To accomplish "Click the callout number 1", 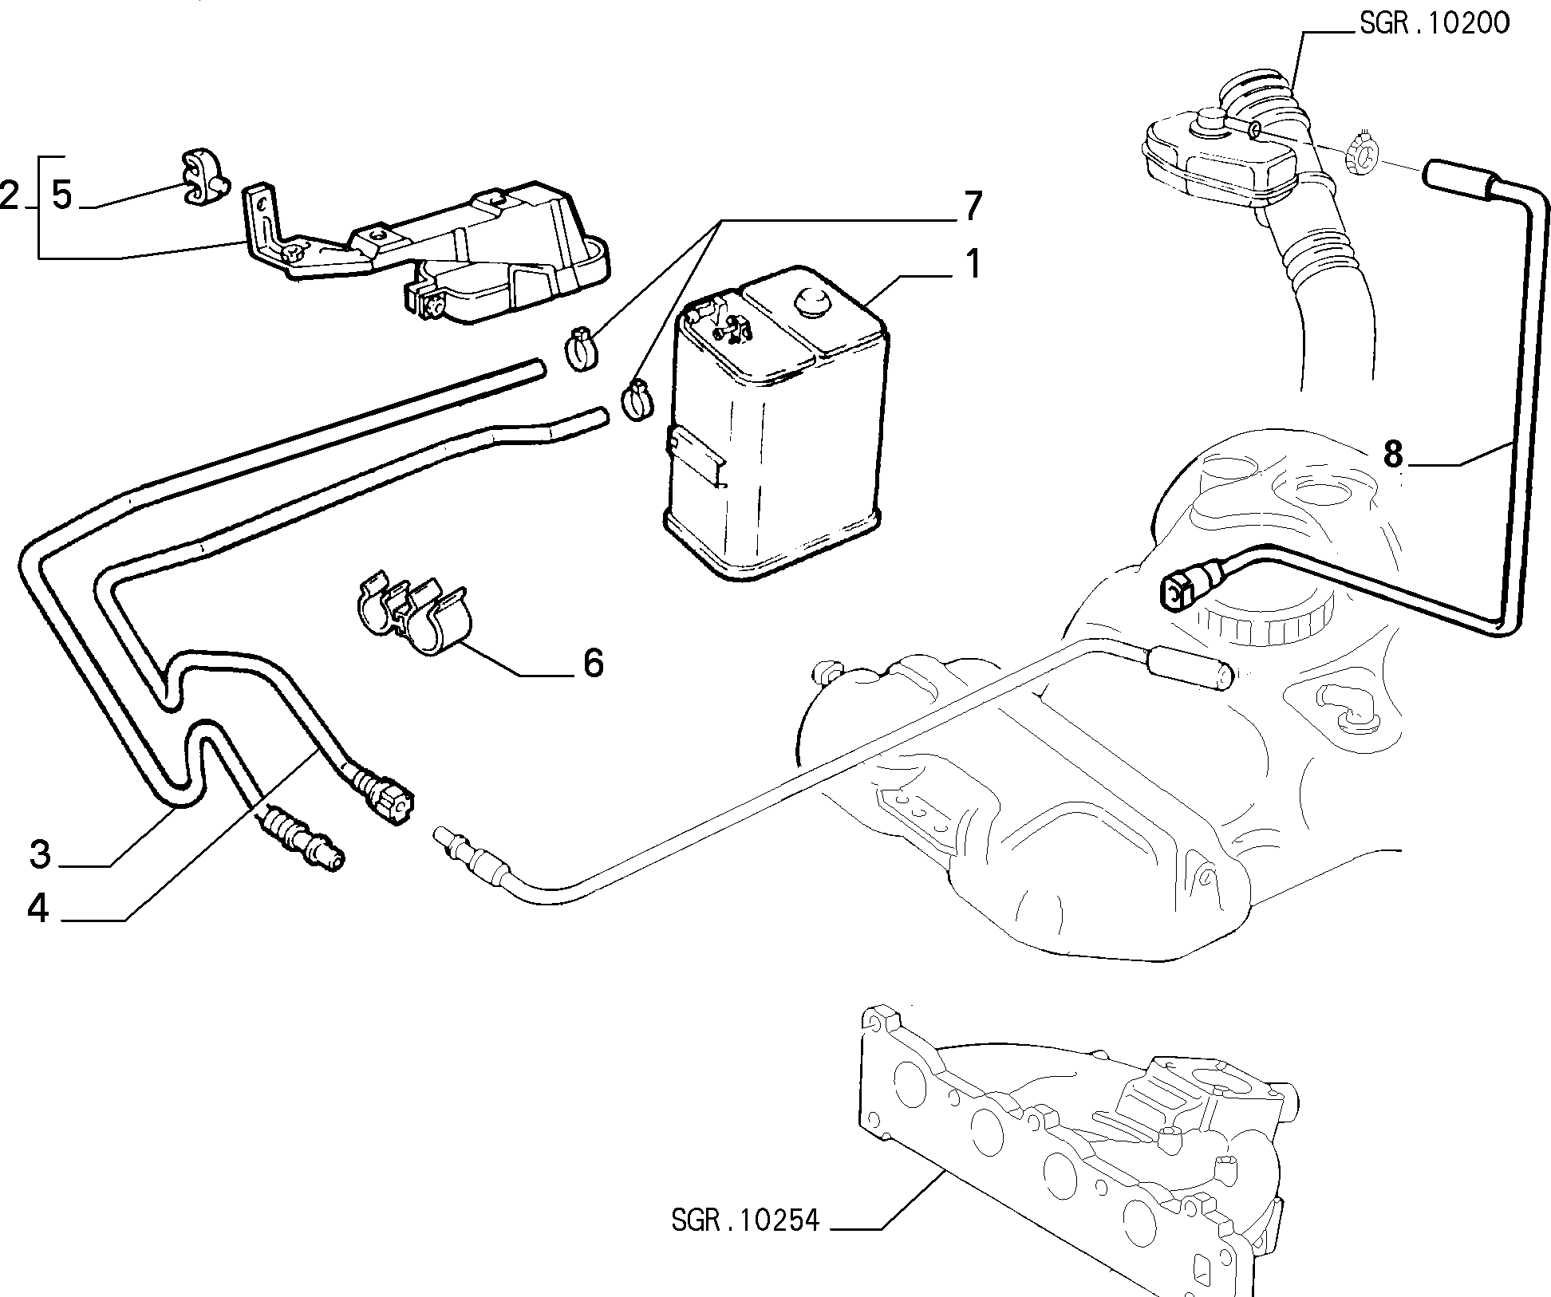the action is click(973, 264).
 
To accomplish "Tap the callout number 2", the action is click(10, 195).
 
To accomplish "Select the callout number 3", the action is click(41, 855).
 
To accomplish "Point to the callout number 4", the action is click(38, 909).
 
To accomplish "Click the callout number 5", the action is click(62, 195).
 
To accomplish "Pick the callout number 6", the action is click(593, 663).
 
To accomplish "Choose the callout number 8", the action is click(1392, 455).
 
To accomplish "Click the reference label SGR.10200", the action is click(1435, 23).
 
